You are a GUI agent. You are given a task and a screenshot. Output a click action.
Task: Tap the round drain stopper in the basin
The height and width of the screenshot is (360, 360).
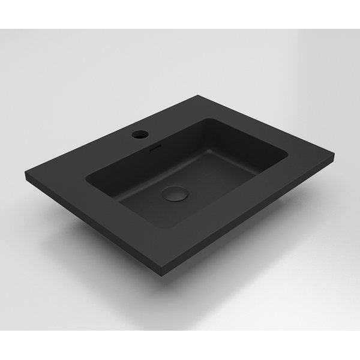click(x=172, y=194)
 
